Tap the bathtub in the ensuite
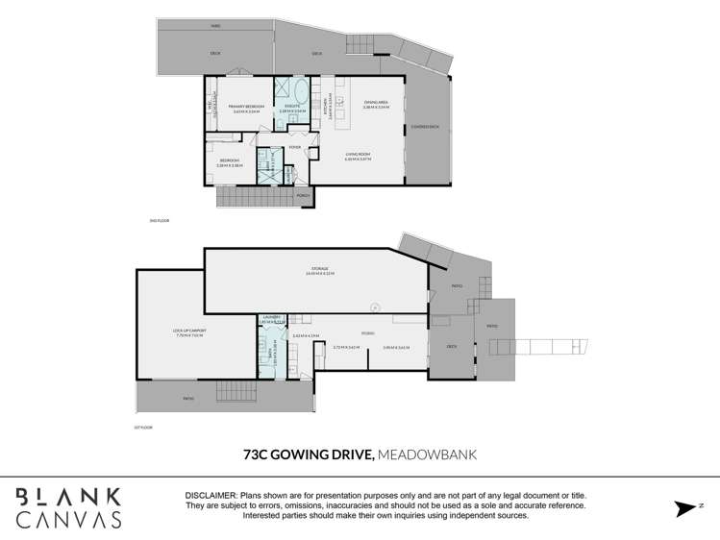tap(300, 96)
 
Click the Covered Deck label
tap(424, 127)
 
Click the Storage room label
tap(319, 269)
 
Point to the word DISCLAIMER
tap(211, 495)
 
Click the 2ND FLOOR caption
tap(160, 220)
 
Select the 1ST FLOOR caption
tap(143, 427)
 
